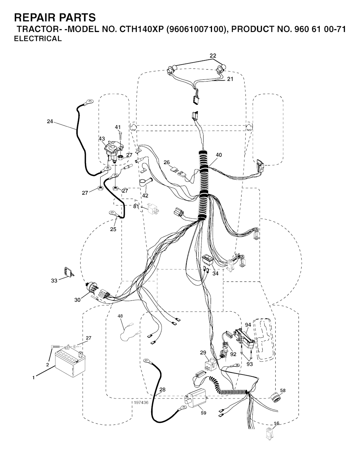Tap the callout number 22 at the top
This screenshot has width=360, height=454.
pos(213,56)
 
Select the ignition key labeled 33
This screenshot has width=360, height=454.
pos(68,272)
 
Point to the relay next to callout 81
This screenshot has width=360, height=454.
pos(153,209)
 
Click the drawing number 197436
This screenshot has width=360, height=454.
pos(141,403)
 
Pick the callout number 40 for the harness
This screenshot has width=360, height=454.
pos(219,155)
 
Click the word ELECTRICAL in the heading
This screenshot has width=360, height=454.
pos(38,39)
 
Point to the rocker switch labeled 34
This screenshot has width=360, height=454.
pos(208,260)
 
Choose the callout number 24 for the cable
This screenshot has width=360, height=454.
pos(50,122)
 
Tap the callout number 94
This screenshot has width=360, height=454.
pos(248,325)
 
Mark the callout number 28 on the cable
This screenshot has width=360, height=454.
pos(162,389)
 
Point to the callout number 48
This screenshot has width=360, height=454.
pos(120,316)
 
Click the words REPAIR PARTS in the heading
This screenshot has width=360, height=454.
pos(55,18)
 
